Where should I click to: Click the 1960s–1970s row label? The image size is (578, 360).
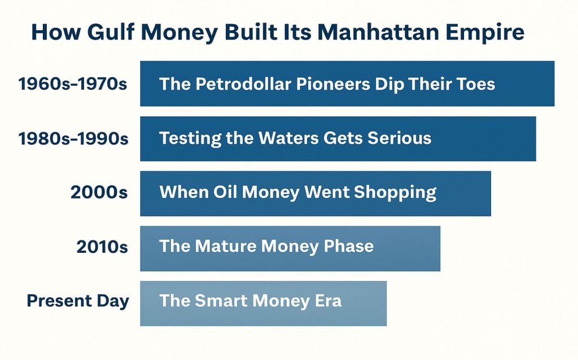pyautogui.click(x=72, y=84)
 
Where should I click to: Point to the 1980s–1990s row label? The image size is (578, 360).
pyautogui.click(x=73, y=139)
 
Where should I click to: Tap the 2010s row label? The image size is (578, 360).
pyautogui.click(x=102, y=247)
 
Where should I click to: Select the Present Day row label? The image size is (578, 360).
pyautogui.click(x=78, y=301)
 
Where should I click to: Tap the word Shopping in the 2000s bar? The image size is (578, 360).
pyautogui.click(x=395, y=192)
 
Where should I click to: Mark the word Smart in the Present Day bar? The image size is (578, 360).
pyautogui.click(x=221, y=300)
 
